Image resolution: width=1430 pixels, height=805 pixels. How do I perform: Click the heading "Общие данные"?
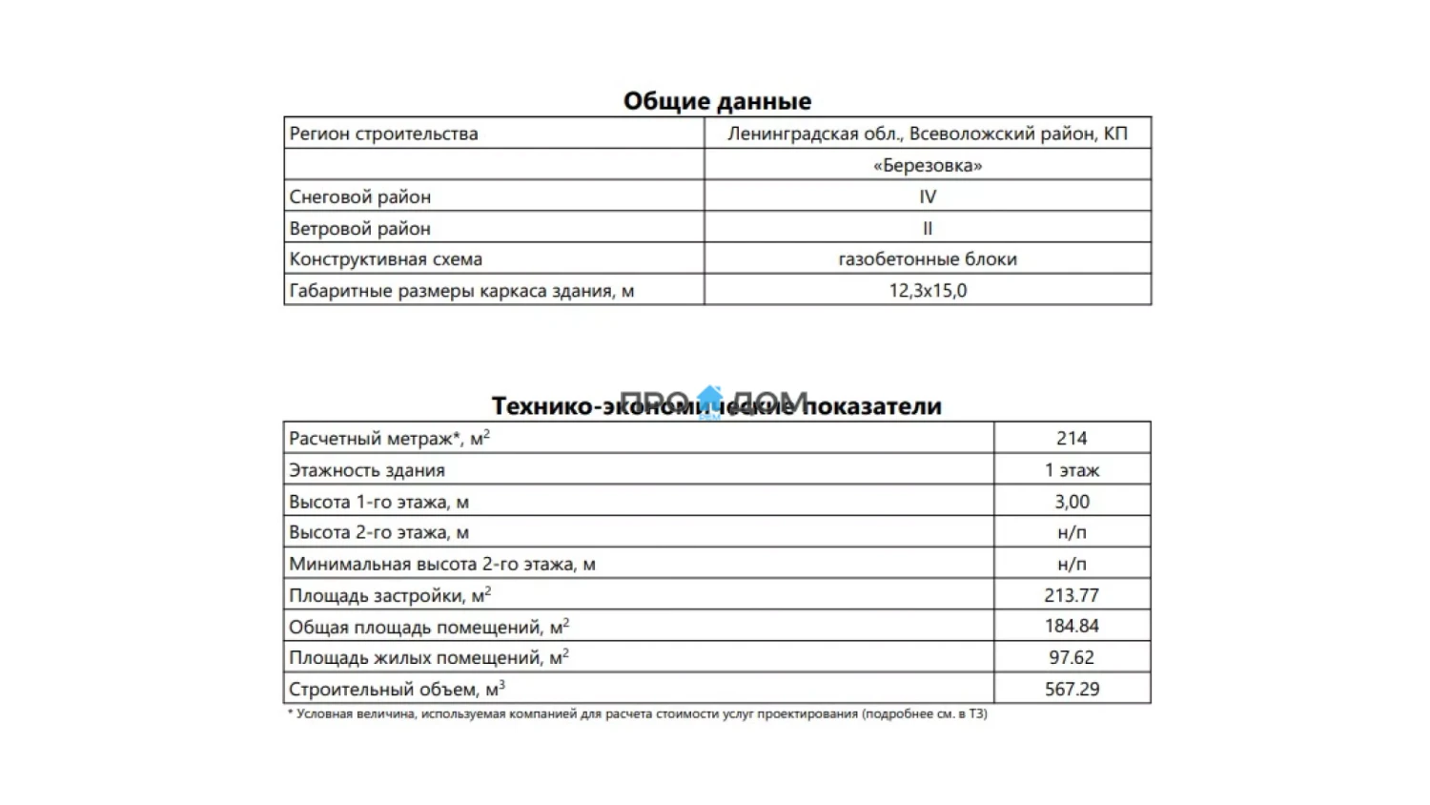(717, 101)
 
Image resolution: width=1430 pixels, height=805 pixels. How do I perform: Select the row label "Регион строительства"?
(383, 134)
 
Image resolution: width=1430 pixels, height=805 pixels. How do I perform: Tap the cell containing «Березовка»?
(927, 165)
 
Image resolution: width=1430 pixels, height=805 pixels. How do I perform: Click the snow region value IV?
(927, 196)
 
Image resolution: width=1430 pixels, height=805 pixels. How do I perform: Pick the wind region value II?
(927, 228)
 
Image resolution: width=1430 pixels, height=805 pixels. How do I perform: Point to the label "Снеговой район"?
(359, 196)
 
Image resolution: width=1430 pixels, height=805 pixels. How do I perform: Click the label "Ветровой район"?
(359, 228)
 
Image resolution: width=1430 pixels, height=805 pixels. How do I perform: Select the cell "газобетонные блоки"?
(927, 258)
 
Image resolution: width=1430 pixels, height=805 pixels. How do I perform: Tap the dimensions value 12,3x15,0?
(927, 290)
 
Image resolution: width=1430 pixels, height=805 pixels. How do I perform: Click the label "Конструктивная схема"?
(385, 258)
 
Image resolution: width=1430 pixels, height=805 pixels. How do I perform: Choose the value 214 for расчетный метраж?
(1072, 438)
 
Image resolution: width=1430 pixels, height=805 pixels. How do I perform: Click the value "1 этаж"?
(1072, 469)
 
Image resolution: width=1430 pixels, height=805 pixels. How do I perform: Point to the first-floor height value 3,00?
(1072, 501)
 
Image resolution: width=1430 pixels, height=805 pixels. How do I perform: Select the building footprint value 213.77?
(1072, 595)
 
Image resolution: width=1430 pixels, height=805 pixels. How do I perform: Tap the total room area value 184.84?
(1072, 626)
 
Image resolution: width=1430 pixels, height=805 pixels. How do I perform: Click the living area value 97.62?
(1072, 657)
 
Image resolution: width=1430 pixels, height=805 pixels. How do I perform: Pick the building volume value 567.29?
(1072, 689)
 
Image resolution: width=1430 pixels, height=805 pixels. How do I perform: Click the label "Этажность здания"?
(366, 469)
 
